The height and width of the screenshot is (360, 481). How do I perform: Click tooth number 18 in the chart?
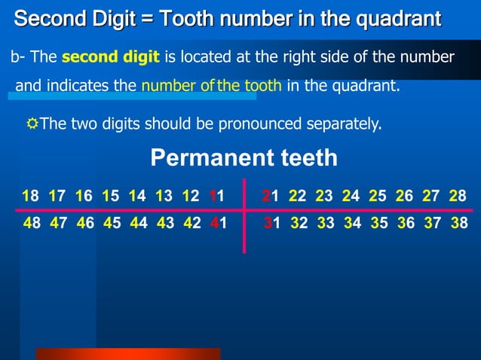pyautogui.click(x=30, y=197)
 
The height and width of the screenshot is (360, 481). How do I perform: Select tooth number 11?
pyautogui.click(x=216, y=197)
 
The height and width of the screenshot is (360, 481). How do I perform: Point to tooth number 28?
pyautogui.click(x=458, y=197)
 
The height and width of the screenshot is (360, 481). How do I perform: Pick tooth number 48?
pyautogui.click(x=32, y=224)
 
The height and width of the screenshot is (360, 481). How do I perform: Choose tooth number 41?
pyautogui.click(x=218, y=224)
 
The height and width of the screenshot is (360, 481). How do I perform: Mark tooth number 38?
pyautogui.click(x=458, y=224)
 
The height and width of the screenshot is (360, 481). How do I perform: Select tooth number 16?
pyautogui.click(x=84, y=197)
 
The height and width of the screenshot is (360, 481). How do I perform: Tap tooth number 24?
pyautogui.click(x=351, y=197)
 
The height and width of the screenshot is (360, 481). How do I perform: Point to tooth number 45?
pyautogui.click(x=111, y=224)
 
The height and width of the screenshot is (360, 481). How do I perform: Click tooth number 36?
pyautogui.click(x=405, y=224)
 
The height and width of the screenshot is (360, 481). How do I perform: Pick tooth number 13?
pyautogui.click(x=164, y=197)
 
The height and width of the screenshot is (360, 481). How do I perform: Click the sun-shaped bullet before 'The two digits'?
pyautogui.click(x=32, y=123)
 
